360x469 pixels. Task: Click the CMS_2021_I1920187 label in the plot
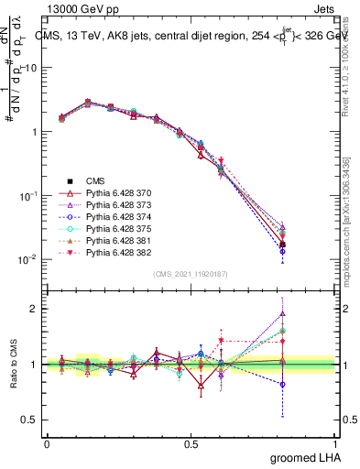191,274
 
